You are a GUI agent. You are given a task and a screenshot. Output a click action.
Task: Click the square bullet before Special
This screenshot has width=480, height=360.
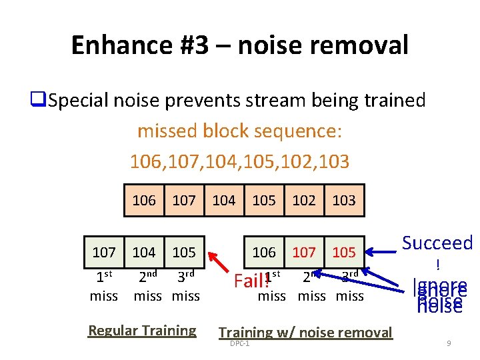tap(37, 101)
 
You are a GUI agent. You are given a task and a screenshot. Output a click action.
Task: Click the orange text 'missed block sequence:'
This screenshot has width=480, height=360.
tap(239, 131)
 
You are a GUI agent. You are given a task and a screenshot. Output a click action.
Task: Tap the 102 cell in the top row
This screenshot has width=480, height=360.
tap(304, 200)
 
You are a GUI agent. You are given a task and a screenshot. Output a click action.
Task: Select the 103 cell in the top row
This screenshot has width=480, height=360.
tap(344, 200)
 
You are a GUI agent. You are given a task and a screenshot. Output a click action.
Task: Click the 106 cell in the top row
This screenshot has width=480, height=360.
tap(144, 200)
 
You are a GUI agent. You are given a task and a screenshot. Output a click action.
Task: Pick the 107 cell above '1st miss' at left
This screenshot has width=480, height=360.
tap(104, 252)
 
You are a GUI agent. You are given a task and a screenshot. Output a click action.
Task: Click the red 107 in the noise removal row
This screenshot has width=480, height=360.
tap(304, 252)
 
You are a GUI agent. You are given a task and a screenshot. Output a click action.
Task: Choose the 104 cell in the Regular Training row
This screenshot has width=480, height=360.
tap(144, 252)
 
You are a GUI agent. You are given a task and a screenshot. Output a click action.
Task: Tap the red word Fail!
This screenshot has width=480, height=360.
tap(249, 281)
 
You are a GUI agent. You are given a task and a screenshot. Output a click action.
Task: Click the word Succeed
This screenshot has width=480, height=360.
tap(437, 243)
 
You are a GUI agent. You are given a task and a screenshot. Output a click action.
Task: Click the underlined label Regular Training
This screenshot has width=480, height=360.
tap(142, 330)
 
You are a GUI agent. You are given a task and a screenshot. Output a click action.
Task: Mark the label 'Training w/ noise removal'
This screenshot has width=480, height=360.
tap(305, 332)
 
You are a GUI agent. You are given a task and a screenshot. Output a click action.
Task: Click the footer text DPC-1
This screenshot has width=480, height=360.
tap(239, 343)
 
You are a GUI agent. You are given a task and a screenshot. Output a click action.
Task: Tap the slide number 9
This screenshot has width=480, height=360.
tap(449, 343)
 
